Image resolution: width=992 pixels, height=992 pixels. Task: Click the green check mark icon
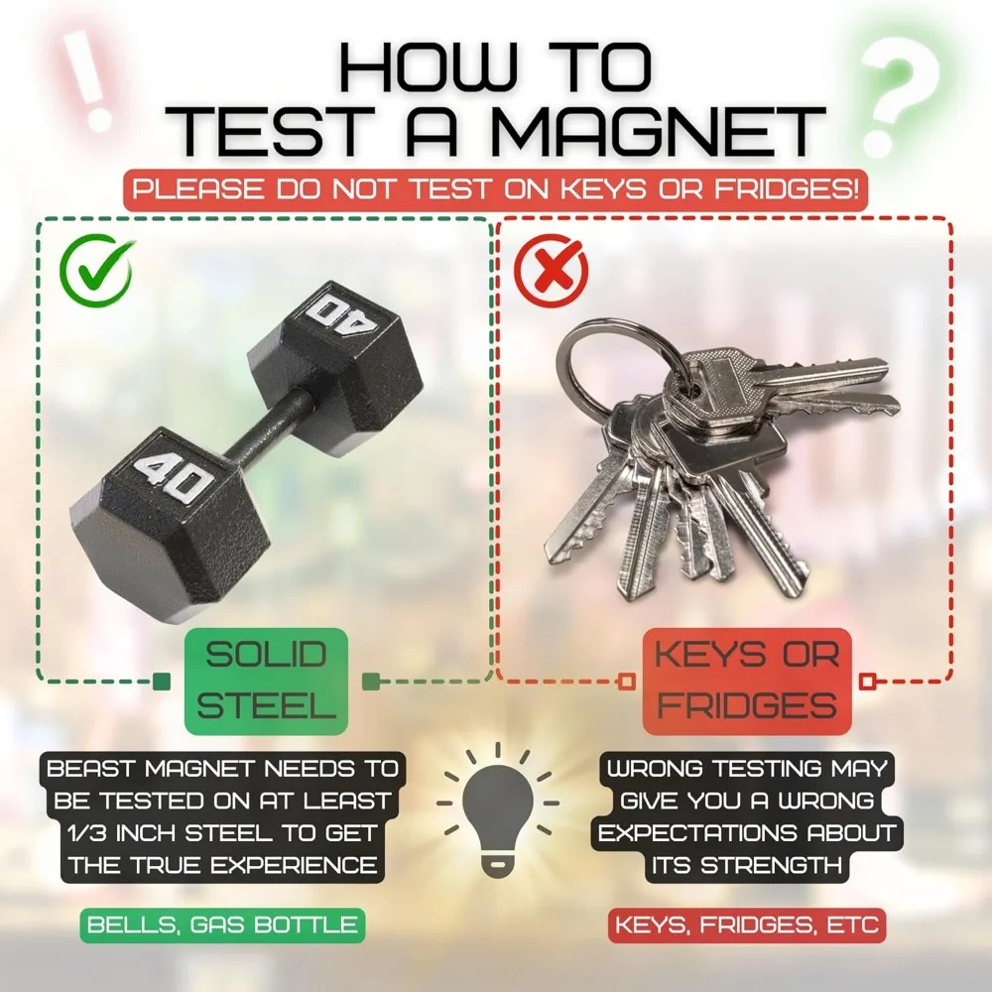(x=96, y=271)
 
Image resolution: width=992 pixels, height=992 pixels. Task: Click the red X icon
(x=551, y=271)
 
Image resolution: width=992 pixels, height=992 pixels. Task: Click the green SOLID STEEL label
(x=266, y=681)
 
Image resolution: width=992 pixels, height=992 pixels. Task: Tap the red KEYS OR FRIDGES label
(x=747, y=681)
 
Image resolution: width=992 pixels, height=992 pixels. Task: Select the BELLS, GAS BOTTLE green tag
(x=222, y=925)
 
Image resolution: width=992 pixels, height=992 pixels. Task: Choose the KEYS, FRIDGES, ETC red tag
(x=747, y=925)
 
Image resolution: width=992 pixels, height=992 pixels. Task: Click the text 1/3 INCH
(x=123, y=832)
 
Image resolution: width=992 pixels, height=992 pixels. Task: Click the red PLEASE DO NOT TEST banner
(x=495, y=189)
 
